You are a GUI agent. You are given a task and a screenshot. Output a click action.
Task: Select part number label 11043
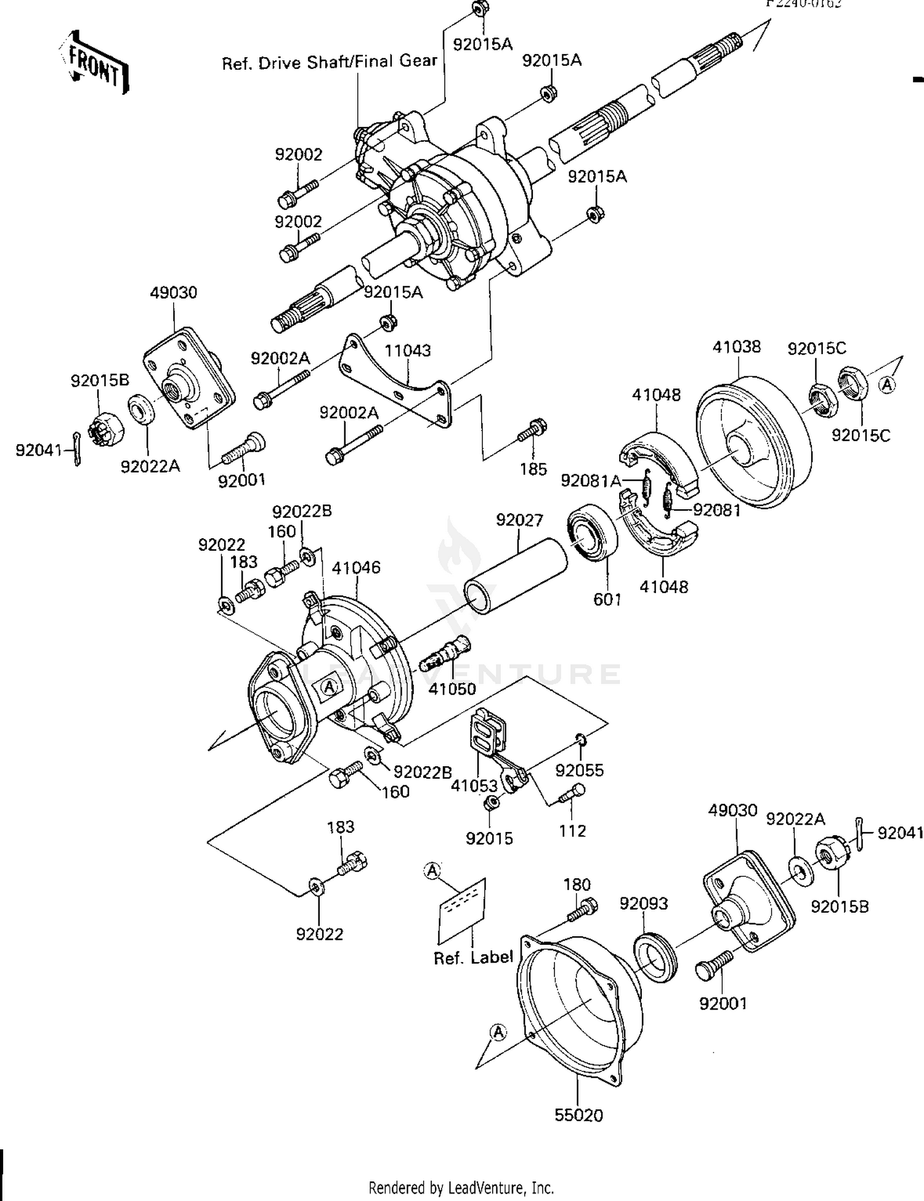click(407, 350)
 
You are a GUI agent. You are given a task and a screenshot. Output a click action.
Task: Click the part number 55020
click(578, 1115)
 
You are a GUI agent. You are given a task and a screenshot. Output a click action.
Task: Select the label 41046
click(356, 567)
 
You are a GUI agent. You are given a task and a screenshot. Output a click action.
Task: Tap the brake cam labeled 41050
click(448, 657)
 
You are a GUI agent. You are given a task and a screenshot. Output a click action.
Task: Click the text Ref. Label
click(473, 958)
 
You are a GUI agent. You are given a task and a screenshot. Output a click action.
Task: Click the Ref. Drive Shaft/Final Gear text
click(330, 62)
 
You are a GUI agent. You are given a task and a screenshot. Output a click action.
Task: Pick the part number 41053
click(474, 785)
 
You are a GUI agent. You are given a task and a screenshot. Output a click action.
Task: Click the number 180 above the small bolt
click(577, 884)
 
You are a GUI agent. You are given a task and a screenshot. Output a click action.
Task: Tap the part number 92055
click(579, 770)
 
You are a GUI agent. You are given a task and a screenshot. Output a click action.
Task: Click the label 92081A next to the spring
click(591, 480)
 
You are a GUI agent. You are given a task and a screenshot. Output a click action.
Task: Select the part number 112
click(572, 831)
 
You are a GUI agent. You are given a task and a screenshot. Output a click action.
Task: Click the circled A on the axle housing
click(330, 685)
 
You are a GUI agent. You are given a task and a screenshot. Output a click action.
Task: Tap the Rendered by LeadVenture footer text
click(461, 1187)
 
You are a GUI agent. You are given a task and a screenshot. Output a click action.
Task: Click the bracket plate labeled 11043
click(394, 382)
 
